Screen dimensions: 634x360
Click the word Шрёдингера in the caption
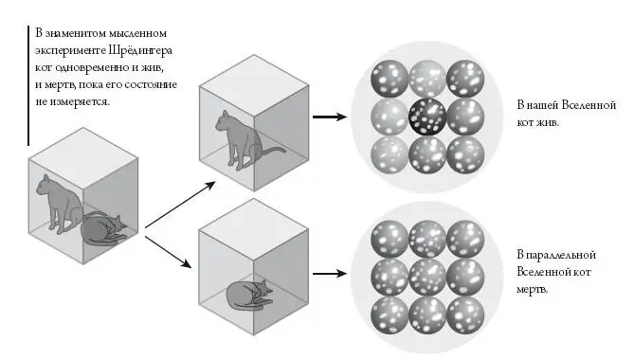click(140, 50)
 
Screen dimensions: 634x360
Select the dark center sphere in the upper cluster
click(427, 117)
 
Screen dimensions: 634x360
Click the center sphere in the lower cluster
click(427, 277)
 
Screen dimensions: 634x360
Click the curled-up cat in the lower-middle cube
click(250, 295)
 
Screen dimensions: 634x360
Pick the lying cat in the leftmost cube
click(104, 229)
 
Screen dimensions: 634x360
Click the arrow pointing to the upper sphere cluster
click(330, 117)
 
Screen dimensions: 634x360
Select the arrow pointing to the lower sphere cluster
click(330, 274)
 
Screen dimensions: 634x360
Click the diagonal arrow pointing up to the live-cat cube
click(180, 205)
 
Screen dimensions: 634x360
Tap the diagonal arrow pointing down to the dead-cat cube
click(168, 252)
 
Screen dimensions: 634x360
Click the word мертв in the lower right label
click(532, 289)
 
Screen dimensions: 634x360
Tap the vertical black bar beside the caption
click(28, 85)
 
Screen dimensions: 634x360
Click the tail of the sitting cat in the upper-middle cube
click(272, 152)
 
